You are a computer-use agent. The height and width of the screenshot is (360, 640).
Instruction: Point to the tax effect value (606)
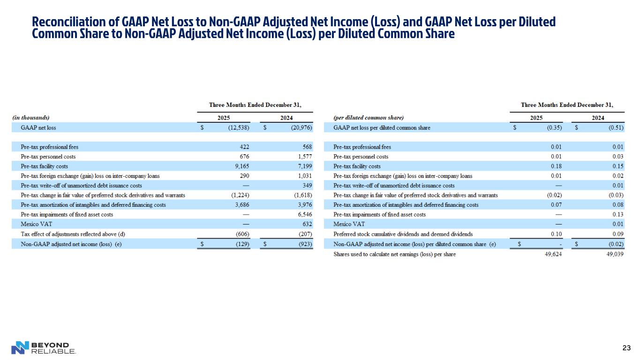click(x=242, y=234)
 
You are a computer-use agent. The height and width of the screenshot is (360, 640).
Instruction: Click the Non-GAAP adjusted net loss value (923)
click(x=305, y=244)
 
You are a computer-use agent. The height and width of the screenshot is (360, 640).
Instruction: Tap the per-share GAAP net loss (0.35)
click(x=555, y=127)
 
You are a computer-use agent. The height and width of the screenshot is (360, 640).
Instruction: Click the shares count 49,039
click(x=615, y=255)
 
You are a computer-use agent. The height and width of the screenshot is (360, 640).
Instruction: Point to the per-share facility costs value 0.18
click(x=556, y=166)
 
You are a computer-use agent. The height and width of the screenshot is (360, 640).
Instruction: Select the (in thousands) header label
click(x=30, y=118)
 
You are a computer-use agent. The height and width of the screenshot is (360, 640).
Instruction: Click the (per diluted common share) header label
click(x=368, y=118)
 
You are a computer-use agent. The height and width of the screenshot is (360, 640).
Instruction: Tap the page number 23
click(x=625, y=348)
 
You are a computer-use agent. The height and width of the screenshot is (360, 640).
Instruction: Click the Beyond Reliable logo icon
click(x=20, y=347)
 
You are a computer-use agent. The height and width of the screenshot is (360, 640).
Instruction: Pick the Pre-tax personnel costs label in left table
click(x=48, y=157)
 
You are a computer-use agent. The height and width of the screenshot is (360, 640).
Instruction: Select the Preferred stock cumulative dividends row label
click(x=403, y=234)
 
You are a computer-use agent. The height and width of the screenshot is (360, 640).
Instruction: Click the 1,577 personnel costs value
click(x=305, y=157)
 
